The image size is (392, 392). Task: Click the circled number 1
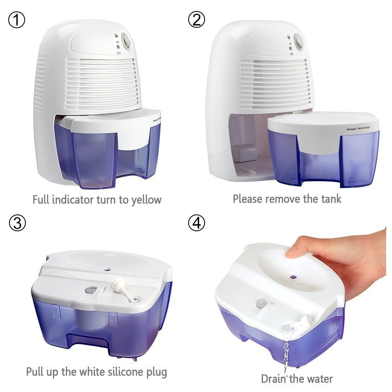[x=16, y=20]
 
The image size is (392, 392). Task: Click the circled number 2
[x=196, y=20]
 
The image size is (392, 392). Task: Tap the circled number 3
[x=16, y=223]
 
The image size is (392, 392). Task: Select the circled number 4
[x=196, y=223]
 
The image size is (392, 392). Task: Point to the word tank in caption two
[x=330, y=199]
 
